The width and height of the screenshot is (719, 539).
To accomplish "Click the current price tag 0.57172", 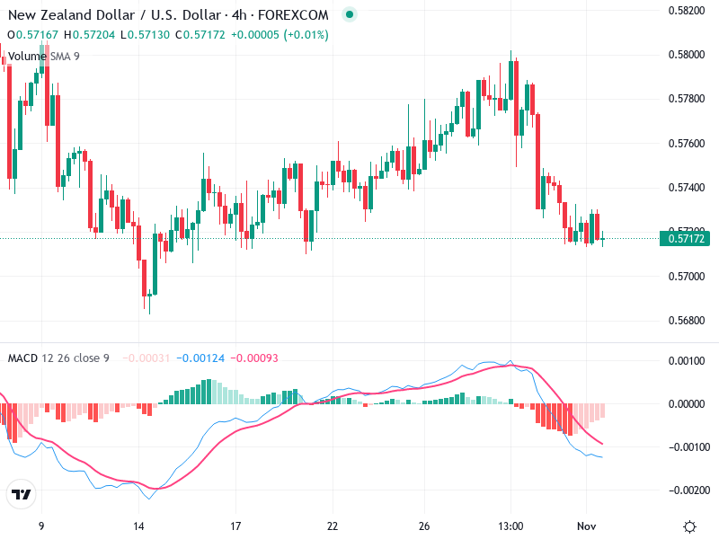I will pyautogui.click(x=688, y=238).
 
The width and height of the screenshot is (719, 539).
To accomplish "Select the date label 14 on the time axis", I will pyautogui.click(x=139, y=526).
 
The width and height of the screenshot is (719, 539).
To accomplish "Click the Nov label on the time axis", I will pyautogui.click(x=587, y=526).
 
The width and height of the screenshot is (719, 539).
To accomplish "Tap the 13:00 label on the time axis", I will pyautogui.click(x=510, y=526).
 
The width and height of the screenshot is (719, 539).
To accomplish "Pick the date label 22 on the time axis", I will pyautogui.click(x=333, y=526).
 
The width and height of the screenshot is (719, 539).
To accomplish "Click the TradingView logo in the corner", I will pyautogui.click(x=21, y=494).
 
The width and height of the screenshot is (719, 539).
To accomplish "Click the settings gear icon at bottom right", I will pyautogui.click(x=689, y=526).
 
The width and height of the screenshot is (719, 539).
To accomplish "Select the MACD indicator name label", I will pyautogui.click(x=22, y=358).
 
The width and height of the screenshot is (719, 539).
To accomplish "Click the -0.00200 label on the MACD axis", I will pyautogui.click(x=687, y=490).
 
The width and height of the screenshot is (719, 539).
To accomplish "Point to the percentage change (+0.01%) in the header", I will pyautogui.click(x=306, y=35).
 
